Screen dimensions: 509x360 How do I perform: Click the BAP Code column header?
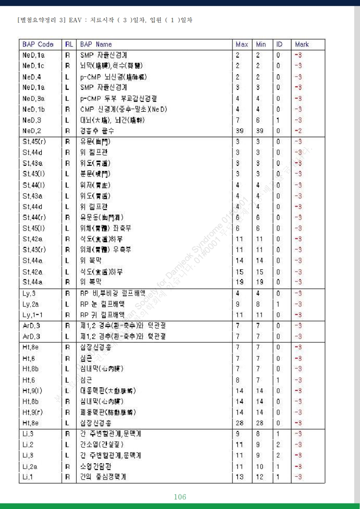[x=38, y=44]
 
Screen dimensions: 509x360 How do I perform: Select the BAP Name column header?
[x=96, y=44]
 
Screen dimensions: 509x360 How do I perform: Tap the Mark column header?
[x=301, y=44]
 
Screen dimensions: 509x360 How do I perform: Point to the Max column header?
[x=242, y=44]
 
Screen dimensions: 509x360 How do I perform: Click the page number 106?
[x=180, y=497]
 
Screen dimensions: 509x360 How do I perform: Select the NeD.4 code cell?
[x=32, y=77]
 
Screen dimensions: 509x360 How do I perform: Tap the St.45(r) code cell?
[x=34, y=141]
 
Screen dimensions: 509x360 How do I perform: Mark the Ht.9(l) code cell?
[x=33, y=390]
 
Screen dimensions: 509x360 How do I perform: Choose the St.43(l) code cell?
[x=34, y=174]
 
